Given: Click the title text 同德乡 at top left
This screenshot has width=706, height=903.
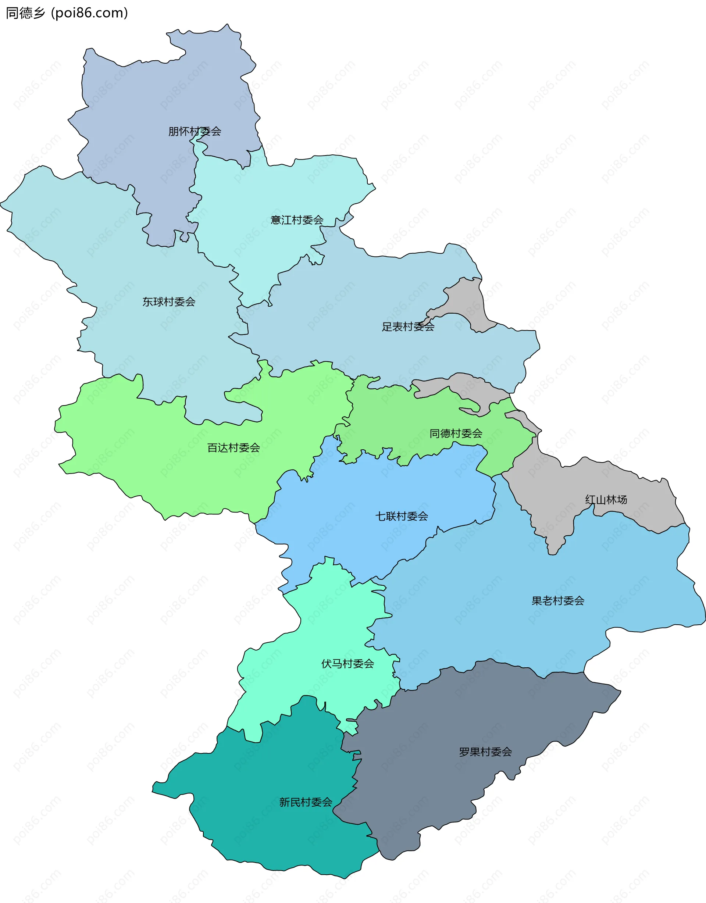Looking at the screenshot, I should (x=25, y=13).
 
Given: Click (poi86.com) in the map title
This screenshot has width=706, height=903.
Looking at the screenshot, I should (x=89, y=13).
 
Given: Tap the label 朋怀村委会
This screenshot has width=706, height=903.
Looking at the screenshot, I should (x=195, y=132).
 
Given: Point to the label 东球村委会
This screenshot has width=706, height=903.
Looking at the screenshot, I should (x=169, y=302).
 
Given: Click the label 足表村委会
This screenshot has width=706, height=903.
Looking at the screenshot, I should (x=408, y=326).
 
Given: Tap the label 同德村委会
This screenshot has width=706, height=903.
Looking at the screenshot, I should (x=456, y=433).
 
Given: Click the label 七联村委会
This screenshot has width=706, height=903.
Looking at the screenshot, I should (x=401, y=516).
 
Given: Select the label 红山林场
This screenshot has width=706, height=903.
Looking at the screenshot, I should (x=606, y=499).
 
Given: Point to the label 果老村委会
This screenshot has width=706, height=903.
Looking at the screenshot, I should (x=557, y=601).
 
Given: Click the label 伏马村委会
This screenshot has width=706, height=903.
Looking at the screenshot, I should (x=347, y=664).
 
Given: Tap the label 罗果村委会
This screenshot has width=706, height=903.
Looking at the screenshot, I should (x=485, y=752).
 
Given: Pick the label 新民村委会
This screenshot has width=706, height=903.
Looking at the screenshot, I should (x=305, y=802).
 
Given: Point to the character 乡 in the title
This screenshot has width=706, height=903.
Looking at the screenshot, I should (x=39, y=13).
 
